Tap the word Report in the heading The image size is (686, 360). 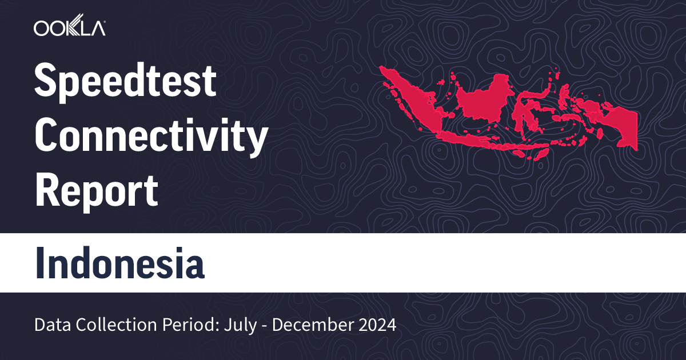tap(96, 191)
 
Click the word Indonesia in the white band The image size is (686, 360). tap(119, 263)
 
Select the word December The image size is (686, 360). tap(306, 326)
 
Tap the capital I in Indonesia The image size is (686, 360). tap(41, 263)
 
